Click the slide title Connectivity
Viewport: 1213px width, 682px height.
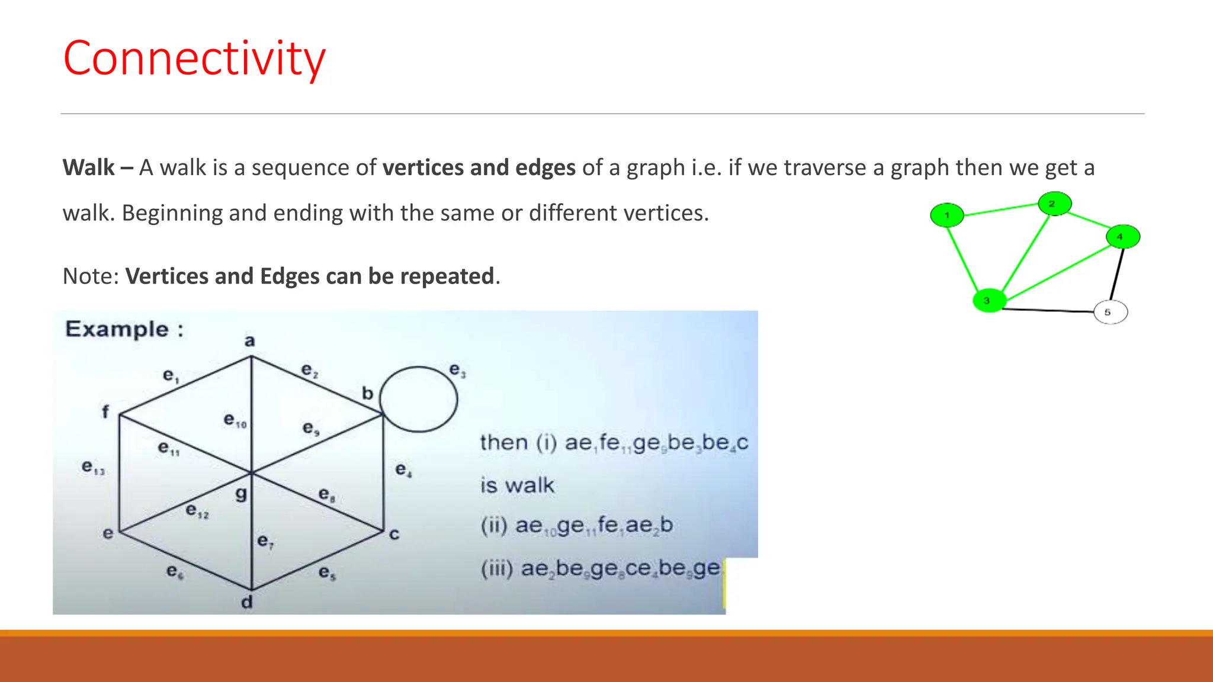click(x=194, y=58)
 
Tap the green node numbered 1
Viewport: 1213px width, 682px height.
click(x=946, y=215)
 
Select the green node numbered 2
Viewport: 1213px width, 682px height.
click(x=1054, y=204)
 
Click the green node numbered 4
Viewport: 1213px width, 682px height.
click(x=1122, y=236)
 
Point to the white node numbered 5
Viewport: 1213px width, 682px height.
click(x=1110, y=312)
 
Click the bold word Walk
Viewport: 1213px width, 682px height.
click(x=89, y=168)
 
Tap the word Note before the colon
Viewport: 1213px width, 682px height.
click(x=90, y=276)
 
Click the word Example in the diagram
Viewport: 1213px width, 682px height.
click(x=117, y=329)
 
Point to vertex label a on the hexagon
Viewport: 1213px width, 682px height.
click(x=250, y=340)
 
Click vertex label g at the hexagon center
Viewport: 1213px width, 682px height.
click(x=240, y=493)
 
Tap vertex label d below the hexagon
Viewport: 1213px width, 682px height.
click(x=247, y=602)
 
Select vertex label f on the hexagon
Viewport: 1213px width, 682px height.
click(x=105, y=411)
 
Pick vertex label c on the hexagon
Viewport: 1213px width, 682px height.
click(x=394, y=534)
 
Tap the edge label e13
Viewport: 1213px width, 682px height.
click(x=93, y=468)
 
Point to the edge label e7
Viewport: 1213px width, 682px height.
click(x=265, y=541)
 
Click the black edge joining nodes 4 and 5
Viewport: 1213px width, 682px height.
click(x=1116, y=274)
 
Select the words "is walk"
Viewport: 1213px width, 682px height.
click(x=517, y=485)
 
